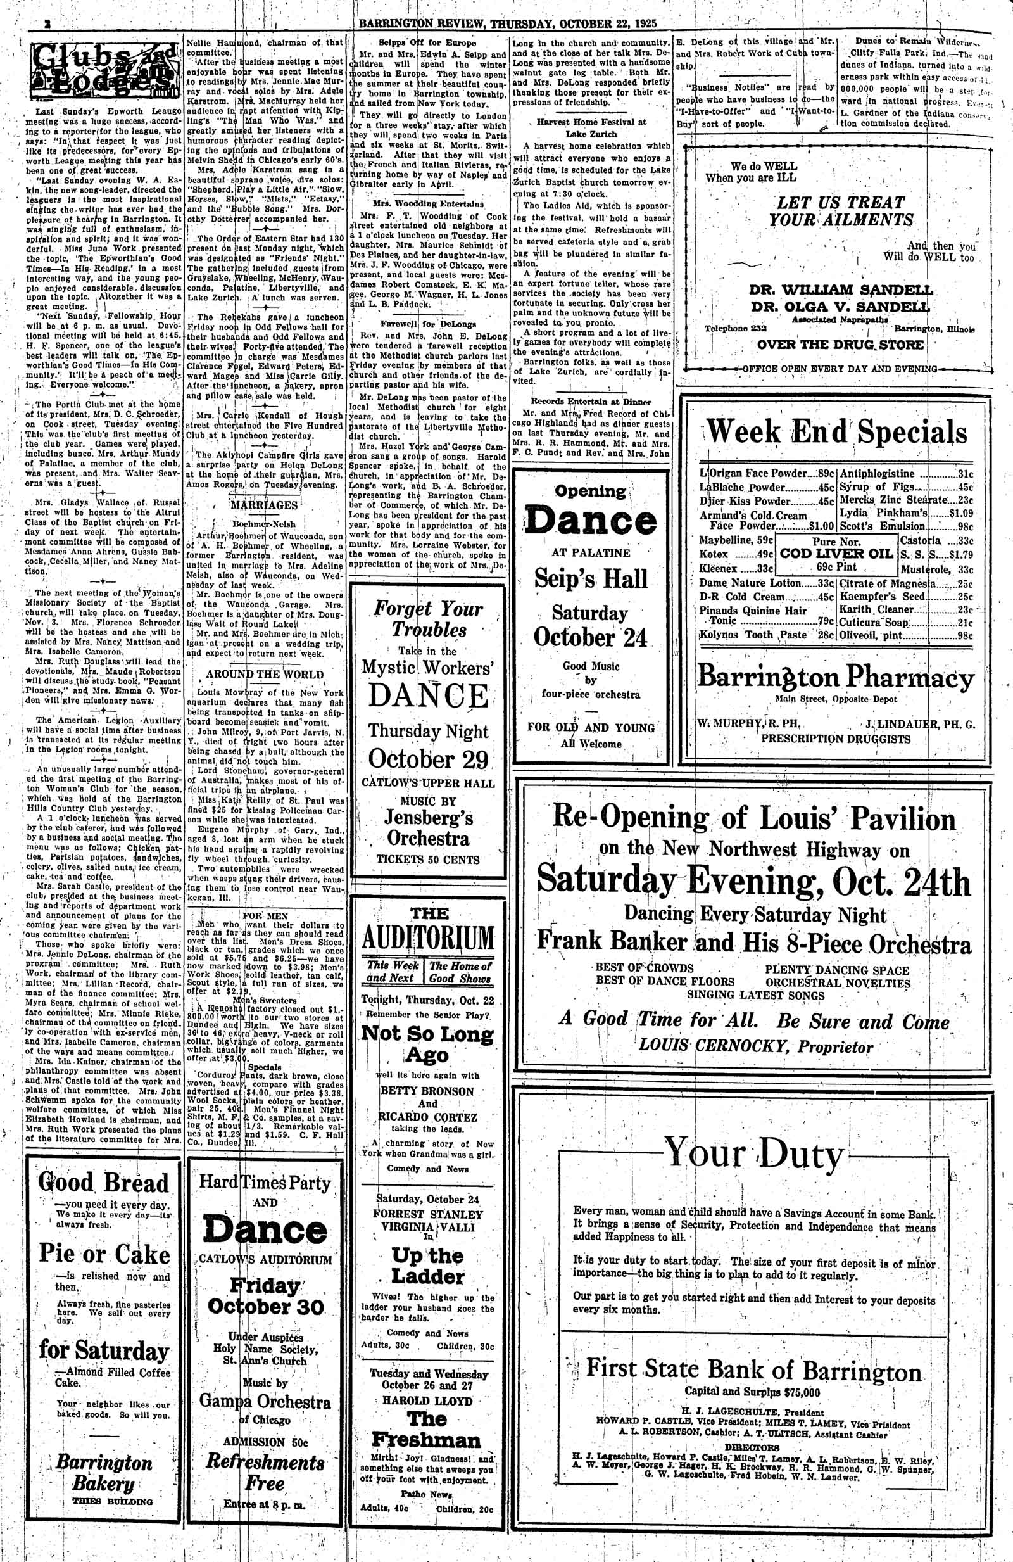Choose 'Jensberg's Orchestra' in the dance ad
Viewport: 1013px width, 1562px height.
[429, 829]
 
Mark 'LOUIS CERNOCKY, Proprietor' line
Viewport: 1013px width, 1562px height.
[756, 1047]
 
